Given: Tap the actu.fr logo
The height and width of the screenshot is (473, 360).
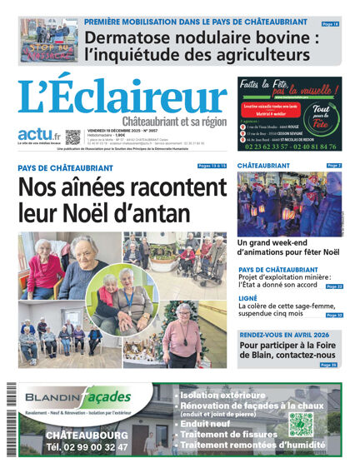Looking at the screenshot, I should [39, 135].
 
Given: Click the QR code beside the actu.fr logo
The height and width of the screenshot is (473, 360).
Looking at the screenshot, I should [72, 137].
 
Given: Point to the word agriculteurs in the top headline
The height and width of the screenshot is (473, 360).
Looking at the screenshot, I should [266, 57].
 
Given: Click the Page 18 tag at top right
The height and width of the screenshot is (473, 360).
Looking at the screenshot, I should [331, 25].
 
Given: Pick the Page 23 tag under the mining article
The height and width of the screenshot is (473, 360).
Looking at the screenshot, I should [334, 286].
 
